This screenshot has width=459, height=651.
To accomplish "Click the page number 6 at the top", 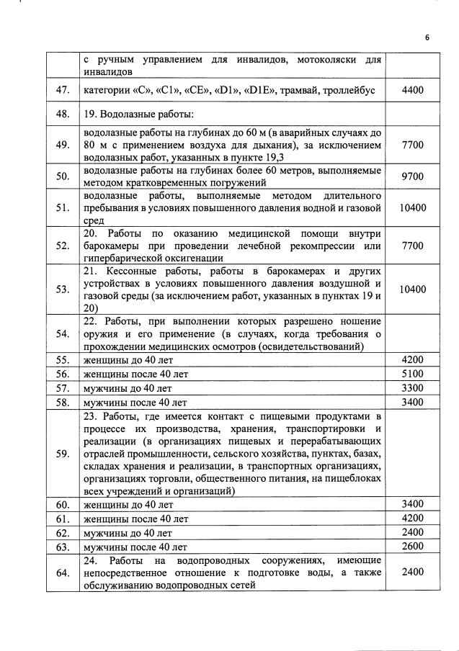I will point(426,39).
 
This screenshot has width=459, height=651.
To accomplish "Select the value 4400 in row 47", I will point(412,91).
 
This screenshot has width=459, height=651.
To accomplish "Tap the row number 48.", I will point(62,114).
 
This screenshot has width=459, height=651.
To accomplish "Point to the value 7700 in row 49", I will point(412,145).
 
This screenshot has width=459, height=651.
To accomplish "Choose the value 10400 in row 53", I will point(412,289).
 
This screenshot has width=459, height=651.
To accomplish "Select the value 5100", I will point(412,374).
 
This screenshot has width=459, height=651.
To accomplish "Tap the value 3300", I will point(412,387).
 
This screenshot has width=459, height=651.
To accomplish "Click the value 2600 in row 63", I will point(412,547).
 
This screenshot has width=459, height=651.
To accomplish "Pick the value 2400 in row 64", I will point(412,573).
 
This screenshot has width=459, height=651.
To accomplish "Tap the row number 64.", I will point(62,573).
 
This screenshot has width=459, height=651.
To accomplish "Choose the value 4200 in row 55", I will point(412,359).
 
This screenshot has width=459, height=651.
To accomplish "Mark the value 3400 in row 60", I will point(412,504).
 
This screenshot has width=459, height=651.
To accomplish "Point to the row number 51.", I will point(62,208).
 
